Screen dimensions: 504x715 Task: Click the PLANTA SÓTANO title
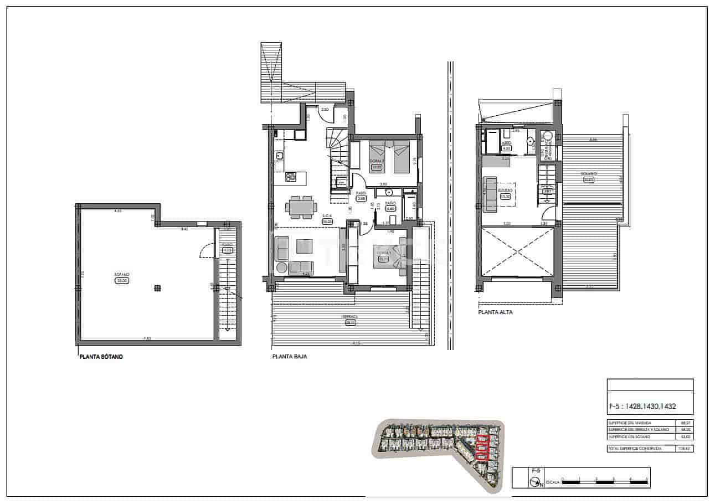pos(101,357)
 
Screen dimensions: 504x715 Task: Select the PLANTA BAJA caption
pos(289,357)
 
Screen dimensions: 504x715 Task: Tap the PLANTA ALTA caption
pos(495,312)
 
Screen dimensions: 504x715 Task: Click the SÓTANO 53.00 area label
pos(122,278)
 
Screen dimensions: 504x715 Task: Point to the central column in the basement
pos(158,287)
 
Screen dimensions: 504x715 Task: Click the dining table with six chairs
pos(301,208)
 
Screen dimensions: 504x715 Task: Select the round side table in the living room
pos(281,268)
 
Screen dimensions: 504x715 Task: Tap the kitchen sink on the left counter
pos(280,157)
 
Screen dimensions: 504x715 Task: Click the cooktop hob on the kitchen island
pos(291,177)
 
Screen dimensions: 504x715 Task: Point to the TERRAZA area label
pos(350,320)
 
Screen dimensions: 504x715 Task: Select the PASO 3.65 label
pos(361,196)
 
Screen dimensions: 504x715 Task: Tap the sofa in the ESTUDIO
pos(490,194)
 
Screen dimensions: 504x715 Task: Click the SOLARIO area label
pos(588,177)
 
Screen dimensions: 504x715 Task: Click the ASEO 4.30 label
pos(506,146)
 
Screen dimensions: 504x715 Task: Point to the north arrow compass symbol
pos(536,482)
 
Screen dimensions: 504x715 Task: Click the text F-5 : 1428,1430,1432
pos(642,406)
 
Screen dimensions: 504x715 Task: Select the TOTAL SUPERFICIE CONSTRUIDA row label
pos(635,449)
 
